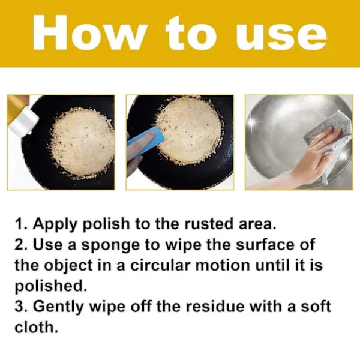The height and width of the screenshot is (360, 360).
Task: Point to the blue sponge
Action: coord(146,141)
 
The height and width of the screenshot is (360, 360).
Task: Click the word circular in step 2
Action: coord(160,265)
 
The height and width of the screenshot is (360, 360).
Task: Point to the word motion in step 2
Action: coord(222,265)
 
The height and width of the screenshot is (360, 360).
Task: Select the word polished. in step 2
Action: coord(51,286)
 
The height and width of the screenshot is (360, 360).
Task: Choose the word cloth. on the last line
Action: coord(36,327)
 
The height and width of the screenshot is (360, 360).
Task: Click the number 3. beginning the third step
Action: coord(21,307)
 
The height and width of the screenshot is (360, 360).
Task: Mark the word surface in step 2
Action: coord(265,245)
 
